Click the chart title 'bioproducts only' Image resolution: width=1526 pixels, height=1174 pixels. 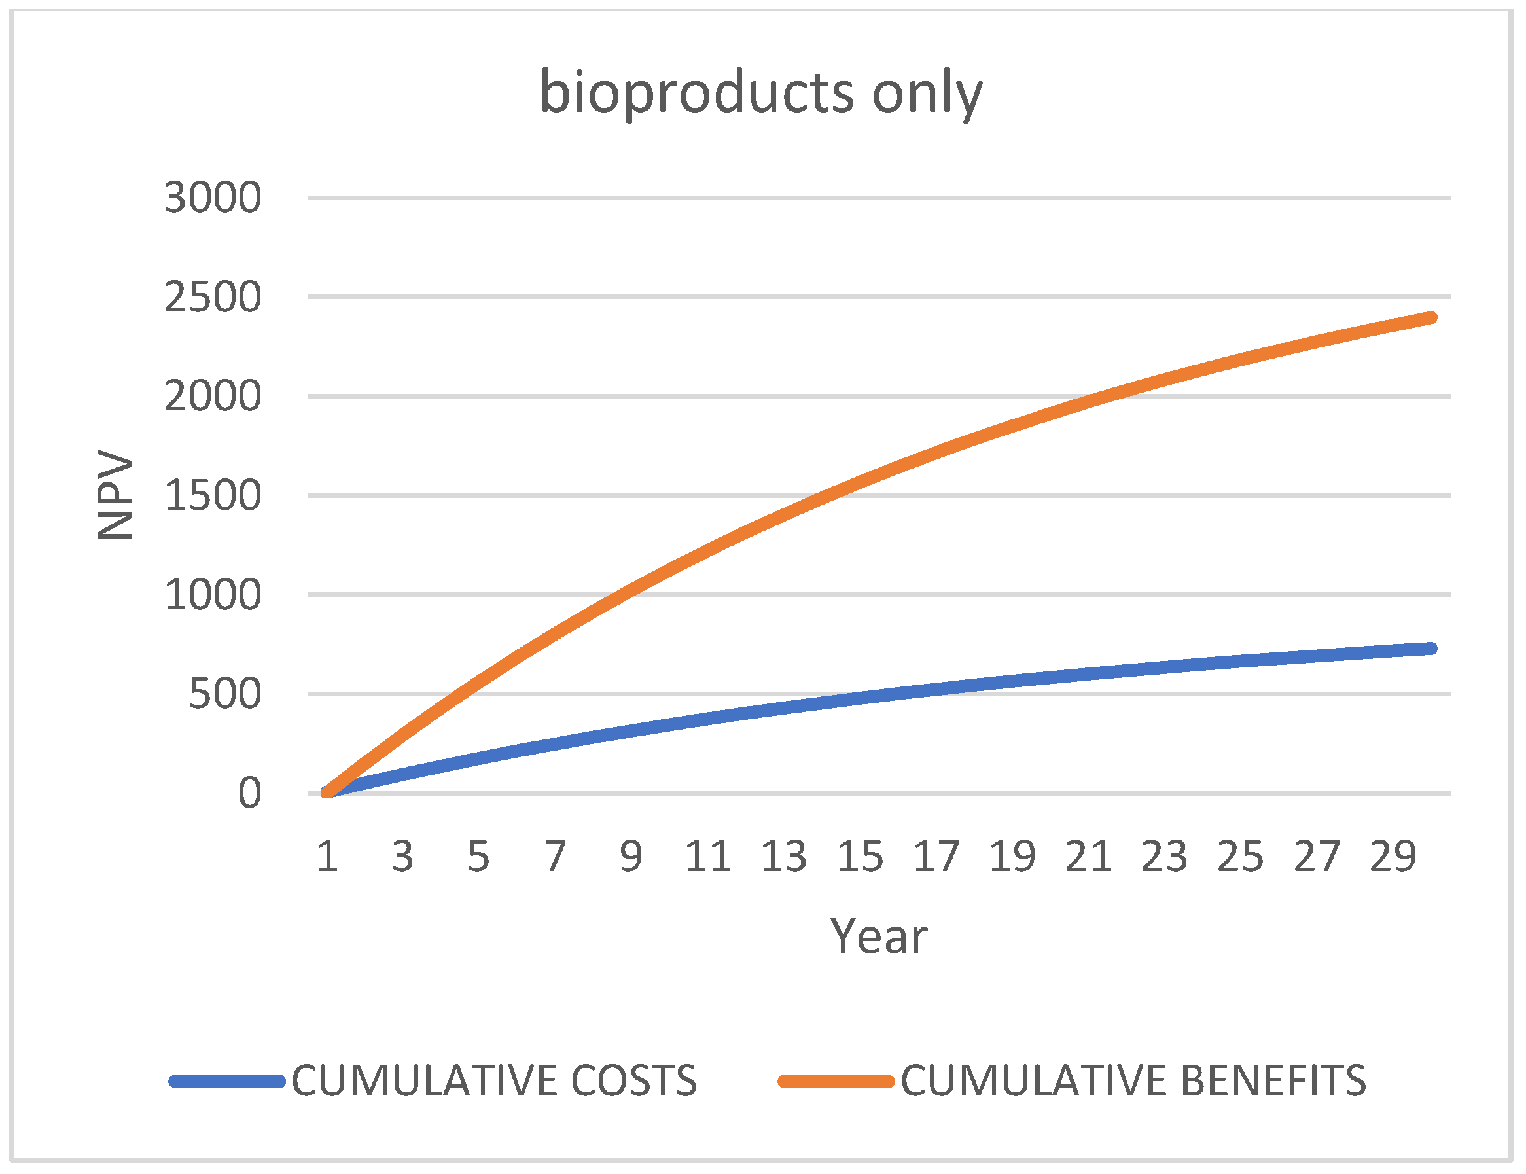point(762,94)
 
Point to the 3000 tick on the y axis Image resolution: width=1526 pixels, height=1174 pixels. point(213,198)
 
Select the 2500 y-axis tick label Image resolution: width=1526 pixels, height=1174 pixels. point(213,298)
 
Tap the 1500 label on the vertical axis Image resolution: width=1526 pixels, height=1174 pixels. point(213,496)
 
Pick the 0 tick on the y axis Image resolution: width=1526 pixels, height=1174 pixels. point(249,794)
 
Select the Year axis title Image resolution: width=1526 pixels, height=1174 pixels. point(878,936)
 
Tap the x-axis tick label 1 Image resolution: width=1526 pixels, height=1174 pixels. point(327,857)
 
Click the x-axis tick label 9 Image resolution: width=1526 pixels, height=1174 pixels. point(631,857)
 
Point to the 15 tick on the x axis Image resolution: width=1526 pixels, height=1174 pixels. point(860,857)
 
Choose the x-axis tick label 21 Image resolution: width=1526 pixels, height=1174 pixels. point(1089,857)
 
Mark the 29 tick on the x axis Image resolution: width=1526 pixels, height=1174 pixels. point(1393,857)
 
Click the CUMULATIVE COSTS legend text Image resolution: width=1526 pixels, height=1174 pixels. point(494,1081)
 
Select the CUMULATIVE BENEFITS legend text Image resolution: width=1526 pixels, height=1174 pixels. point(1133,1081)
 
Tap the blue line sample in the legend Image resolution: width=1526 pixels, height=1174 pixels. point(227,1082)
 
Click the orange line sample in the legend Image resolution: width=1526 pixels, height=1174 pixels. point(836,1082)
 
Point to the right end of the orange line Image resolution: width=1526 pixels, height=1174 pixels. point(1431,318)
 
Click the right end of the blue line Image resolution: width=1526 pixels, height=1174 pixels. point(1431,649)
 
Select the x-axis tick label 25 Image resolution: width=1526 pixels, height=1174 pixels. point(1240,857)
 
